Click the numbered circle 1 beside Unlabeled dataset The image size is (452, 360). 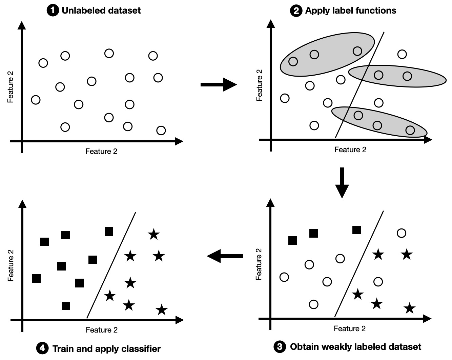(x=53, y=11)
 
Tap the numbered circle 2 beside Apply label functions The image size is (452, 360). (x=296, y=11)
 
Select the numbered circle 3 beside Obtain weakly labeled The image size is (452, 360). (x=280, y=347)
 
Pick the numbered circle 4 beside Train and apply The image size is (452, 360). (x=42, y=348)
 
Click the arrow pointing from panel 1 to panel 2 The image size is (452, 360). (x=219, y=84)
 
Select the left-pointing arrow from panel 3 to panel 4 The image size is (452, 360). (x=225, y=256)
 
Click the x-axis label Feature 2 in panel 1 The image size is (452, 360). (x=101, y=151)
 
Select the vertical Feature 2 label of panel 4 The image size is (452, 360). (x=11, y=266)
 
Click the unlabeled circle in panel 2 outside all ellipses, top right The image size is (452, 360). (x=402, y=54)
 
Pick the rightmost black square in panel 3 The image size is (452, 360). (x=356, y=230)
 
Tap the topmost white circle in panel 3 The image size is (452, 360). (x=401, y=233)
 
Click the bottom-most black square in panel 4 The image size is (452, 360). (x=66, y=306)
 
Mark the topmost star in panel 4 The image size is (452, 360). (x=153, y=234)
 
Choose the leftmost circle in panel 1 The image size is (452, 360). (x=36, y=100)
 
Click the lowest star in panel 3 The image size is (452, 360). (x=410, y=308)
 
